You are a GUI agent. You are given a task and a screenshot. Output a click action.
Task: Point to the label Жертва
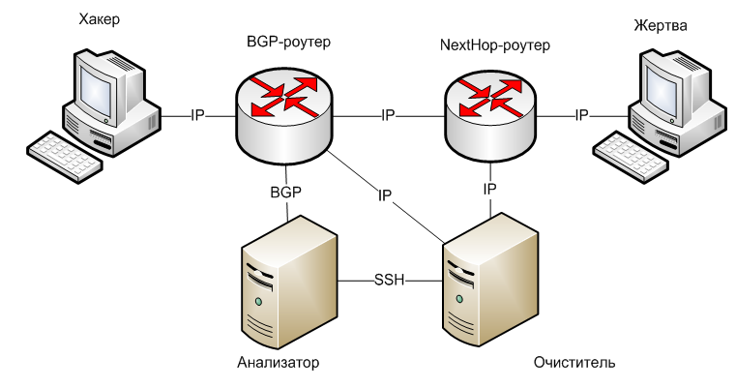tap(655, 23)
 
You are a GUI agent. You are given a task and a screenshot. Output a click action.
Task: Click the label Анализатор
tap(278, 363)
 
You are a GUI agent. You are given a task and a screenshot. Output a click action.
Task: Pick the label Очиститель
tap(574, 363)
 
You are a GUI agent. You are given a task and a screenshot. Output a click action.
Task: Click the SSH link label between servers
tap(388, 281)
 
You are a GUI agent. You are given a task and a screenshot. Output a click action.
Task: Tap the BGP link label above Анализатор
tap(285, 192)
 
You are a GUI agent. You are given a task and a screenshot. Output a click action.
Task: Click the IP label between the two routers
tap(388, 115)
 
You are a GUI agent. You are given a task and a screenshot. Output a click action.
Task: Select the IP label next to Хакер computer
tap(197, 115)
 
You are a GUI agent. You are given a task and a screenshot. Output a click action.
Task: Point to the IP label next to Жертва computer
tap(582, 115)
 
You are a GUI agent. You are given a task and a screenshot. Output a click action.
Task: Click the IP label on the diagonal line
tap(385, 195)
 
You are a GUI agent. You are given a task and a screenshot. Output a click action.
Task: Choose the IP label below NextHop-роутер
tap(490, 189)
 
